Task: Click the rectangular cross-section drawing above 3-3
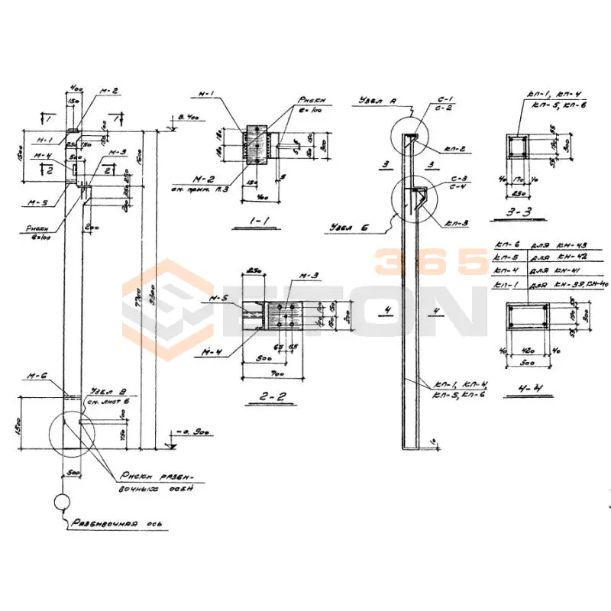point(519,146)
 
